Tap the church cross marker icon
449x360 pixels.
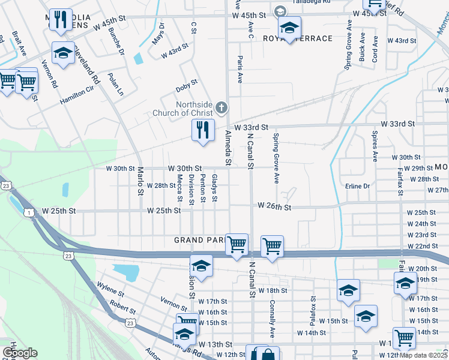tap(221, 109)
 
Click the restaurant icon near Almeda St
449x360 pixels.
tap(203, 130)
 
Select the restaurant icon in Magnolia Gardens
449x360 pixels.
tap(60, 20)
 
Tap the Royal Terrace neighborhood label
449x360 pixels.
tap(298, 38)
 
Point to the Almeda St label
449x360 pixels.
tap(228, 148)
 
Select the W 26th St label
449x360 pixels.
tap(274, 206)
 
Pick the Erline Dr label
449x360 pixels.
tap(358, 186)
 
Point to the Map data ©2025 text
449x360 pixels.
tap(423, 355)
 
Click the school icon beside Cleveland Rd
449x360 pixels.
tap(63, 54)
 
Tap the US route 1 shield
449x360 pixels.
tap(28, 212)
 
